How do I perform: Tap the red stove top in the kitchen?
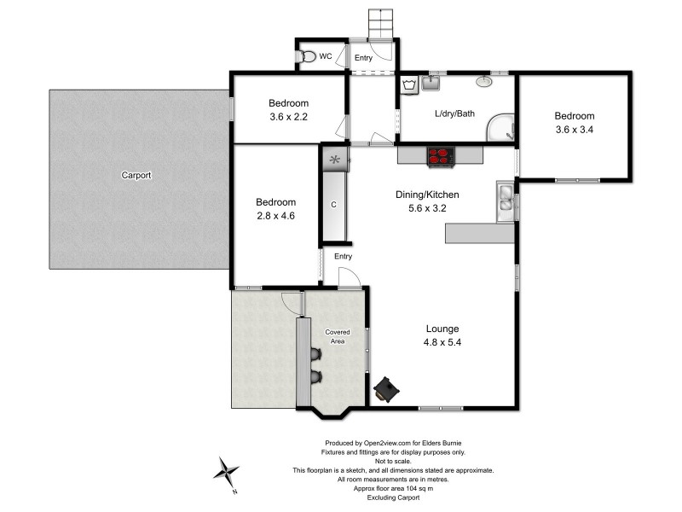(439, 156)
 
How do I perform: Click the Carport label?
(136, 175)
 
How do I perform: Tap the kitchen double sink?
(506, 199)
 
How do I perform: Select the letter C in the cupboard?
(334, 205)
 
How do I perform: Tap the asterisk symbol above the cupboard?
(334, 159)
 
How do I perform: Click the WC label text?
(325, 57)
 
